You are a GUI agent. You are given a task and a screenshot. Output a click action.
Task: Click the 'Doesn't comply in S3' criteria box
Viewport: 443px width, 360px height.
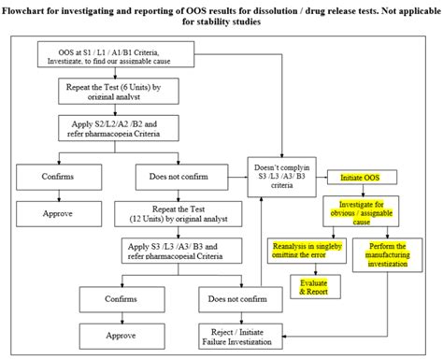[281, 175]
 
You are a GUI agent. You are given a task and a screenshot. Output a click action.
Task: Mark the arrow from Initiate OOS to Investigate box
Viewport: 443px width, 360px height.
[360, 190]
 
